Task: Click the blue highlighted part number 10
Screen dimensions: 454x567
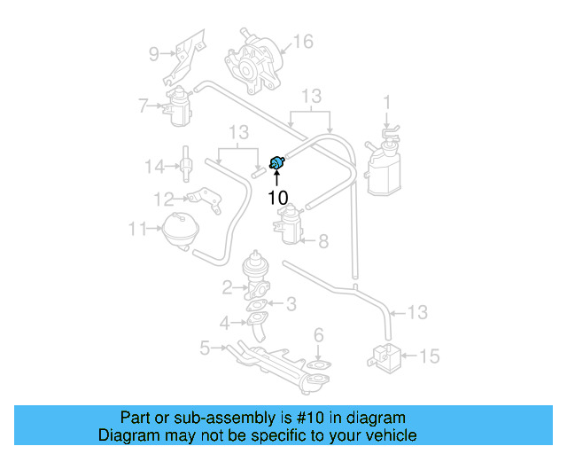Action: click(277, 161)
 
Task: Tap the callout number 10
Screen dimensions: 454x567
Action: click(277, 197)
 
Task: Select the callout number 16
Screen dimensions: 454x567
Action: click(303, 42)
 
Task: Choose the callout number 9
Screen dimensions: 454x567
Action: click(152, 54)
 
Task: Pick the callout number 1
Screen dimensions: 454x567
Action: click(386, 101)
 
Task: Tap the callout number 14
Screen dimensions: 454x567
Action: click(155, 165)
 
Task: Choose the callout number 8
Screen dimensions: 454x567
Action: click(322, 240)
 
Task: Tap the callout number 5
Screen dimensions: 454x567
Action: click(205, 348)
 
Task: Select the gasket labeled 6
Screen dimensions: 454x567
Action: click(319, 364)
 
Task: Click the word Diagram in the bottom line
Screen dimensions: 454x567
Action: click(128, 435)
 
